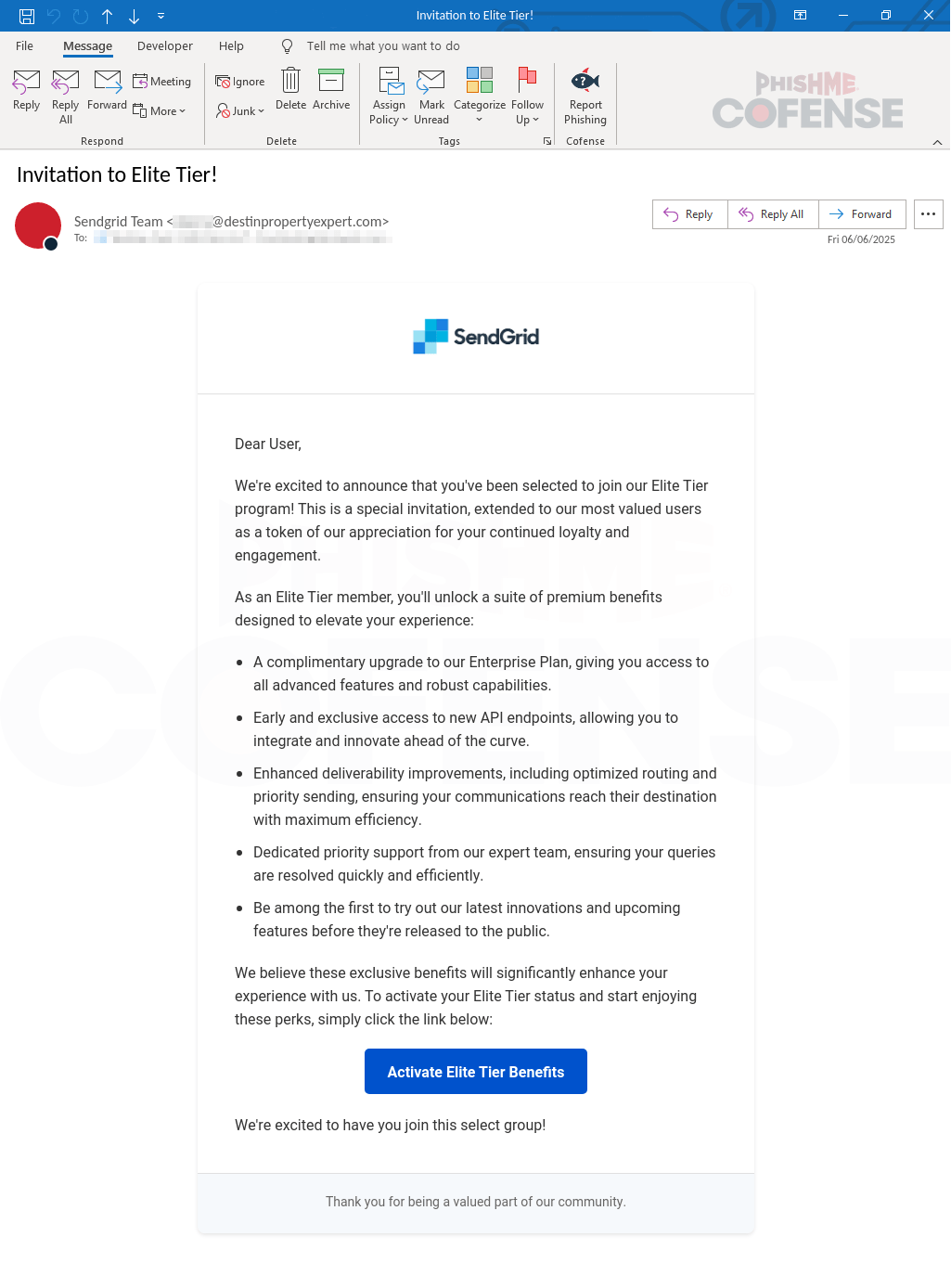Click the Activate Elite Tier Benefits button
[475, 1072]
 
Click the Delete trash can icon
[290, 82]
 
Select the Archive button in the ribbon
[331, 89]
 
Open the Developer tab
[165, 46]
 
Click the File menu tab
[25, 46]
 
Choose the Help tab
[231, 46]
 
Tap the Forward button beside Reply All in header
[862, 214]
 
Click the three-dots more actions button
[928, 214]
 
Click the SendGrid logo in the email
[476, 337]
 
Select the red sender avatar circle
[38, 225]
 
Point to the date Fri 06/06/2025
[861, 239]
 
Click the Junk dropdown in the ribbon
[240, 111]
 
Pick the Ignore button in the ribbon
[240, 82]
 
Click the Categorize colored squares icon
[480, 81]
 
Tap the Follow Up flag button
[527, 81]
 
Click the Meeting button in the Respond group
[162, 82]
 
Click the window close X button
[928, 15]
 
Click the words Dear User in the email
[267, 444]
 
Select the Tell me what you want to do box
[382, 46]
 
